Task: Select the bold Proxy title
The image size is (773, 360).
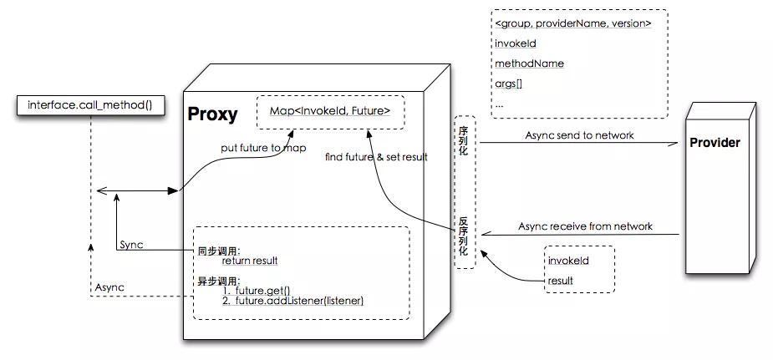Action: tap(213, 114)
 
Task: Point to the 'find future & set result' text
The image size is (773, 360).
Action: tap(376, 155)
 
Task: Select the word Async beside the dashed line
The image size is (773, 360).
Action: tap(109, 286)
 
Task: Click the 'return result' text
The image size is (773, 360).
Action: tap(249, 261)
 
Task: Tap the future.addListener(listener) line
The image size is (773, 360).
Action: tap(293, 301)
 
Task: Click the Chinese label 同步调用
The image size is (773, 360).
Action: tap(219, 250)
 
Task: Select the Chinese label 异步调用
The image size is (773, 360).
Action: tap(219, 281)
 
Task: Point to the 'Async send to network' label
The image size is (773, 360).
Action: tap(579, 135)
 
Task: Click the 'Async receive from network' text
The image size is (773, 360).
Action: tap(585, 226)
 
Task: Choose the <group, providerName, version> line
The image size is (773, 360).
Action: tap(572, 23)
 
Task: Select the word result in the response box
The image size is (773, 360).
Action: tap(560, 281)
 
